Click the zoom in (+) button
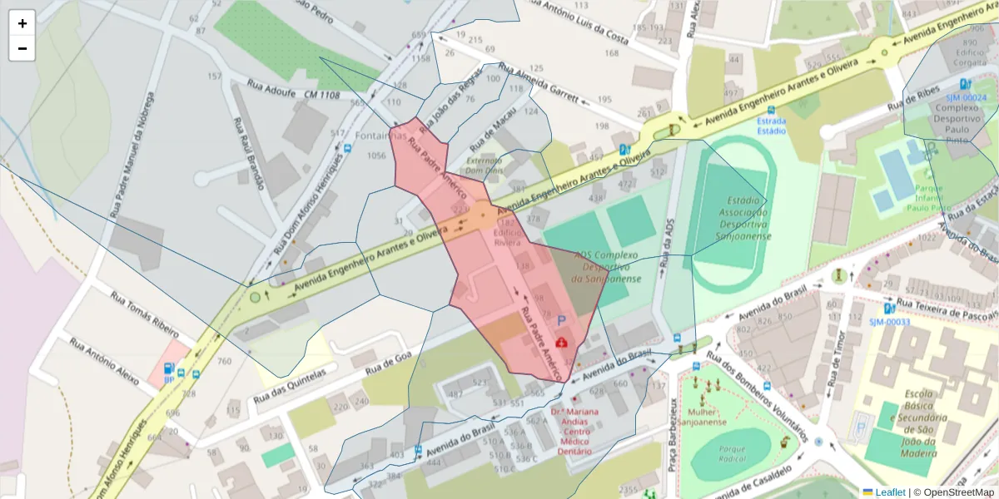click(22, 23)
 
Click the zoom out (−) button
click(22, 48)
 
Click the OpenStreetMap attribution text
click(953, 492)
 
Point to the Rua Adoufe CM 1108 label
click(293, 90)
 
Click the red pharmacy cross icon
click(562, 342)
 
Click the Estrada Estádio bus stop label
click(771, 125)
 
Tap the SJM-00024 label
click(967, 97)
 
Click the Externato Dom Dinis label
click(485, 164)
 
